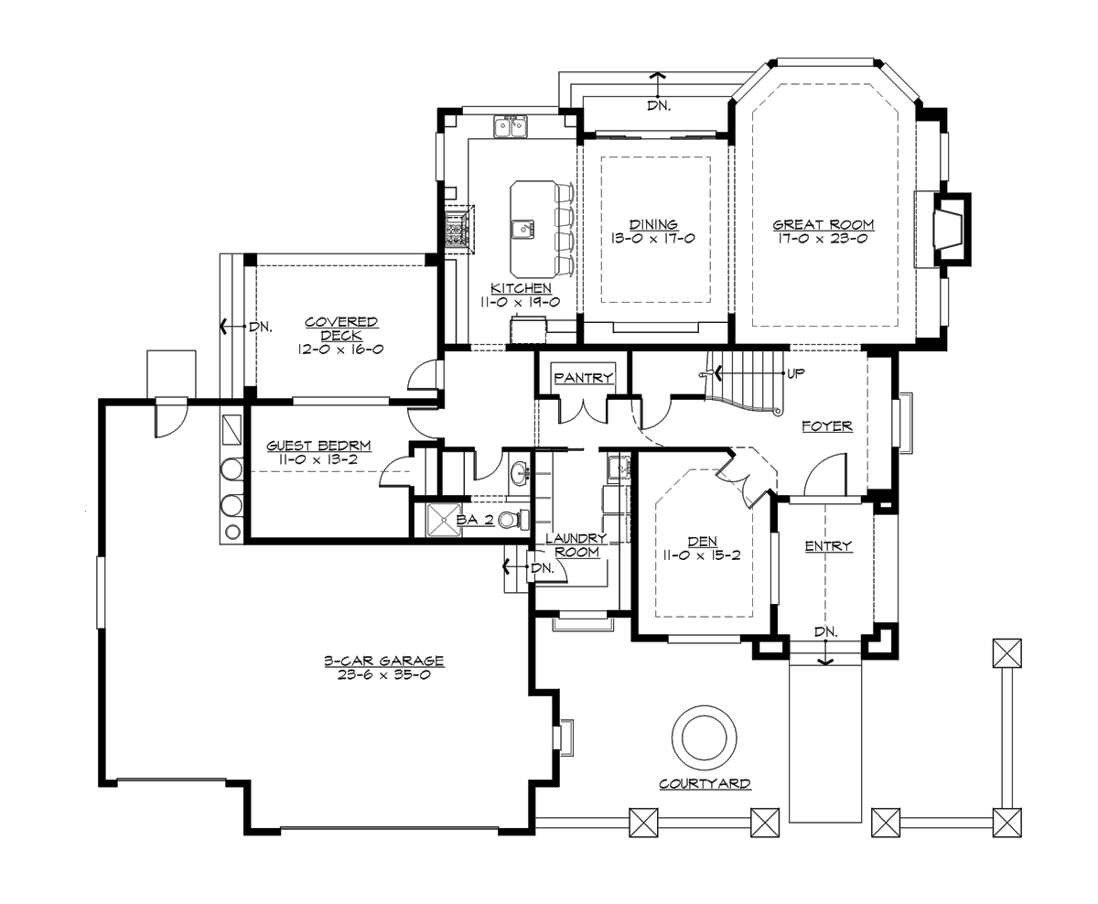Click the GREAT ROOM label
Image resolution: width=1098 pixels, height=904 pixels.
tap(823, 224)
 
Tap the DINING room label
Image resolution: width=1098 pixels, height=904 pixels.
tap(653, 224)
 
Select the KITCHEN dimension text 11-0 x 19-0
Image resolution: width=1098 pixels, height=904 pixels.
tap(520, 301)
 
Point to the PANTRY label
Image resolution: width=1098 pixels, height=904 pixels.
tap(583, 378)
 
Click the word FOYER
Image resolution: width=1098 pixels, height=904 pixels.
tap(826, 425)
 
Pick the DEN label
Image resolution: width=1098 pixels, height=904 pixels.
tap(702, 542)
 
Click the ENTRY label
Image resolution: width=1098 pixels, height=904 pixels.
tap(828, 546)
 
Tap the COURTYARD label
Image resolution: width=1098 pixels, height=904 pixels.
tap(705, 784)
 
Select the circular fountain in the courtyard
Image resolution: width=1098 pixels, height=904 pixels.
tap(704, 737)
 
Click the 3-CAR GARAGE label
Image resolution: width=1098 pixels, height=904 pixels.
tap(383, 661)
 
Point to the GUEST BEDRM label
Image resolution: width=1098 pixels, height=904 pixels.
tap(318, 446)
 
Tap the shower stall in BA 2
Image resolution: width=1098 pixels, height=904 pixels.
tap(435, 521)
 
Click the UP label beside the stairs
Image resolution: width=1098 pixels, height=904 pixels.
tap(795, 373)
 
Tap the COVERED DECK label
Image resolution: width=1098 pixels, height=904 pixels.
tap(341, 328)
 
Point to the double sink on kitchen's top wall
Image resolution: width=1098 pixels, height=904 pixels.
tap(511, 127)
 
